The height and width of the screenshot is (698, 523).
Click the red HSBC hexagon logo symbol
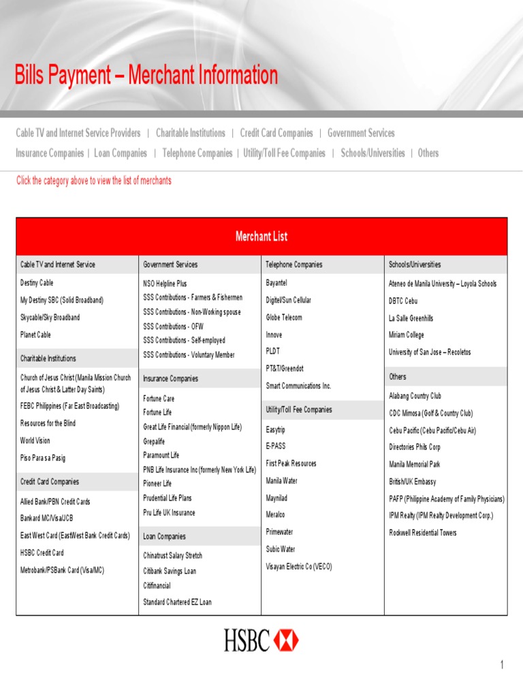tap(286, 640)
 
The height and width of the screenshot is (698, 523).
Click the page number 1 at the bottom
tap(502, 665)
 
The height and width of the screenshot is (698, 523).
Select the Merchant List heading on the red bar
tap(261, 237)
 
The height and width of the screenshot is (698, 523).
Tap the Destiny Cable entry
tap(37, 282)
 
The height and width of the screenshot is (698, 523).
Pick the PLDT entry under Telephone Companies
tap(272, 351)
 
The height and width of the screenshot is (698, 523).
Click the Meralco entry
tap(275, 515)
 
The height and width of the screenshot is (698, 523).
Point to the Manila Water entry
tap(281, 481)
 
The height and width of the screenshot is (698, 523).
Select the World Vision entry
tap(35, 440)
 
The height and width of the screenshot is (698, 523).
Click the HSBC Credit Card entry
tap(42, 553)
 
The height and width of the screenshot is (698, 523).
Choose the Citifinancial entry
tap(157, 586)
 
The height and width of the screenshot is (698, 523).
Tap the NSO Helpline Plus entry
tap(165, 283)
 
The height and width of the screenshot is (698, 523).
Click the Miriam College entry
tap(406, 335)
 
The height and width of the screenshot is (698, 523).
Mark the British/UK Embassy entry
tap(413, 481)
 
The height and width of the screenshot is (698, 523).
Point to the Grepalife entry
tap(154, 441)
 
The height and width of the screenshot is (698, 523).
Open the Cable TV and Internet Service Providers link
tap(78, 133)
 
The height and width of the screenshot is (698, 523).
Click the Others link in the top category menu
tap(428, 153)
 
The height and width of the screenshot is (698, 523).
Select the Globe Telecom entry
tap(284, 317)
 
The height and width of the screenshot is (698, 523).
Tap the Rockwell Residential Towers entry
tap(423, 532)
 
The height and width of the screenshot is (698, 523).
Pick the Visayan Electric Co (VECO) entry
tap(299, 566)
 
